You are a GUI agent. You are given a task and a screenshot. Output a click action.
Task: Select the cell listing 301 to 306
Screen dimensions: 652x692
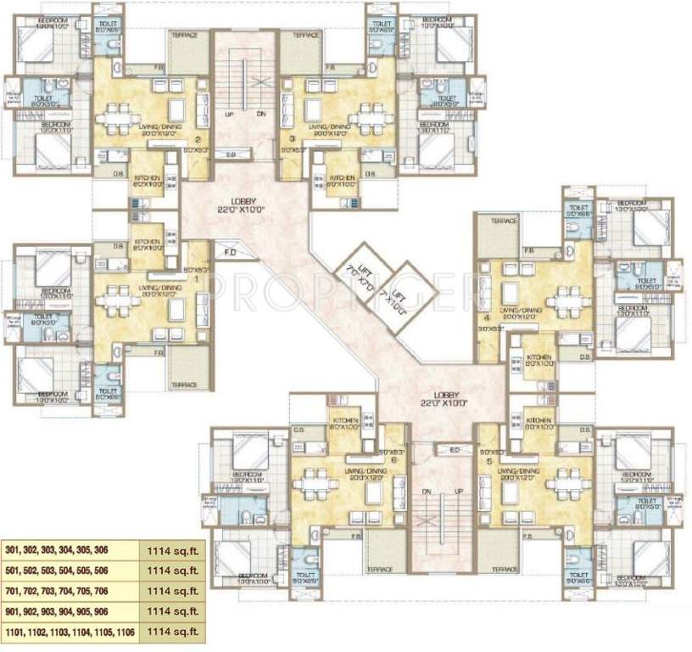(x=70, y=548)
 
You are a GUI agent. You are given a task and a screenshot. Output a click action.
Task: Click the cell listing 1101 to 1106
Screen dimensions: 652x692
(x=70, y=632)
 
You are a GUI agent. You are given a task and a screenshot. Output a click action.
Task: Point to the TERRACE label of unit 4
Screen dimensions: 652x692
(x=502, y=221)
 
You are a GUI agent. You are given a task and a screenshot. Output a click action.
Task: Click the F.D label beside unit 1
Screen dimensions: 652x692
(x=231, y=252)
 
